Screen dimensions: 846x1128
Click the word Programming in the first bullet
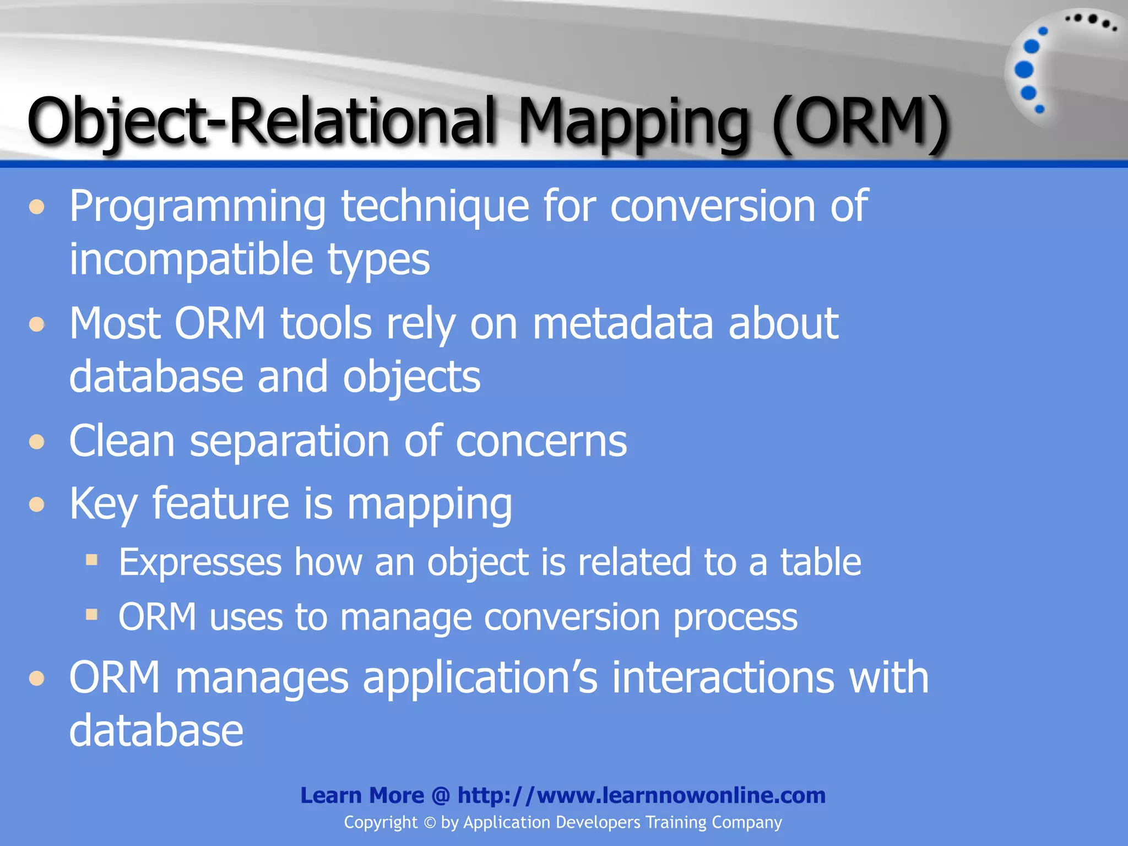click(x=197, y=207)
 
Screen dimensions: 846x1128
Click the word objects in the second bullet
click(x=411, y=378)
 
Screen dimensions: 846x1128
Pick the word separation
click(x=290, y=441)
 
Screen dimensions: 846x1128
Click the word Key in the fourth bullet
click(x=103, y=504)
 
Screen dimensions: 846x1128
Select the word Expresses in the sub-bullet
click(x=200, y=562)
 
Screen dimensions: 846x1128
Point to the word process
click(x=735, y=617)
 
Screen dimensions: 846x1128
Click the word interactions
click(x=723, y=677)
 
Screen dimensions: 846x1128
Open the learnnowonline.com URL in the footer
click(x=641, y=795)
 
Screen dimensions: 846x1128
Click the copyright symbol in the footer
click(x=430, y=823)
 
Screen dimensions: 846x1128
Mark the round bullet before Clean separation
click(x=37, y=442)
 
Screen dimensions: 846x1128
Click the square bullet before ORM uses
click(x=91, y=614)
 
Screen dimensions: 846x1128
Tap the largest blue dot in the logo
click(x=1024, y=69)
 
